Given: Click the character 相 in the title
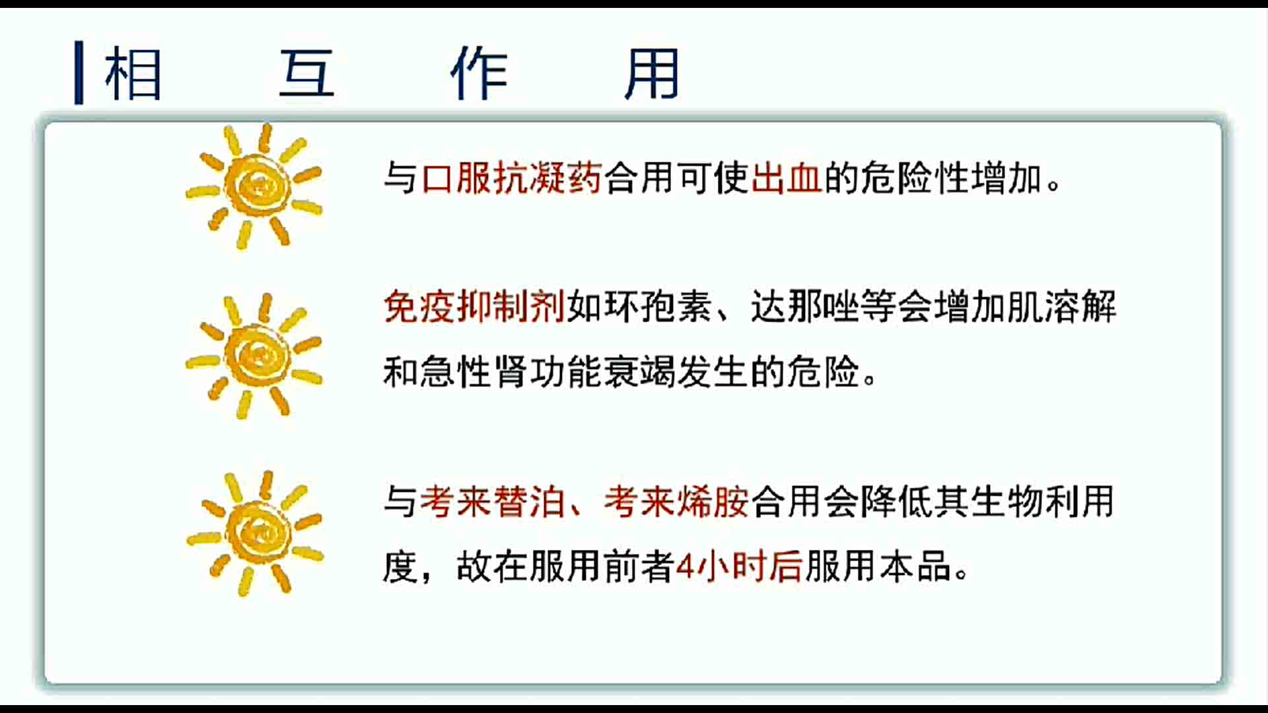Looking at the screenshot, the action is (x=133, y=73).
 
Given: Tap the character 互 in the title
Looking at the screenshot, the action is (x=306, y=73).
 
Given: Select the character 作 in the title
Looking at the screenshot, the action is (x=479, y=73).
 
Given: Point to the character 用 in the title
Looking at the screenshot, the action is (x=652, y=73).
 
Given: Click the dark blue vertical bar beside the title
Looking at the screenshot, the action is (x=79, y=73).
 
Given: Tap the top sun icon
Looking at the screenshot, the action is (x=254, y=186).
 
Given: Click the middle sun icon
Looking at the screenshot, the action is (x=254, y=356).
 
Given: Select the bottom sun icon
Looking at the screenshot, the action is (x=256, y=533).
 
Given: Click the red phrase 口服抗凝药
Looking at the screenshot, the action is (x=511, y=178).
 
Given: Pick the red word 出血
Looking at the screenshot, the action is (x=786, y=178).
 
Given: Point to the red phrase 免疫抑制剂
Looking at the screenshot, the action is (x=474, y=307).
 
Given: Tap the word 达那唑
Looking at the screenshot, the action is (x=805, y=307).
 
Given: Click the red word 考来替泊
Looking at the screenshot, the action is (x=492, y=502).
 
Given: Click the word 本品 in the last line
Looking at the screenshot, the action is (x=915, y=566).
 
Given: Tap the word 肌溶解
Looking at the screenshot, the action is (x=1061, y=307).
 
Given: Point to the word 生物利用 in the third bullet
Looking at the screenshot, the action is (x=1043, y=502).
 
